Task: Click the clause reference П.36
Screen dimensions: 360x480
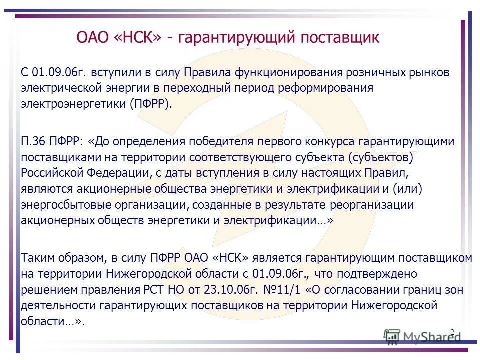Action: (x=35, y=141)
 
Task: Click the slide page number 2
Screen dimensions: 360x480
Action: (x=452, y=332)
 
